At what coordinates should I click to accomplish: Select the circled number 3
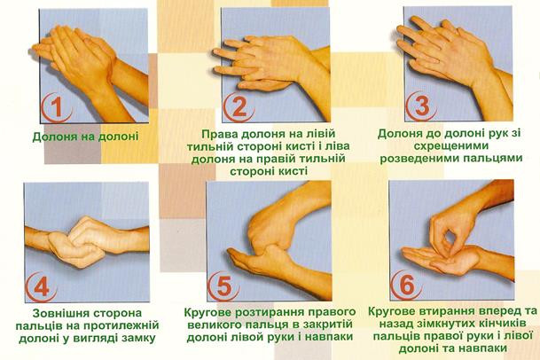421,106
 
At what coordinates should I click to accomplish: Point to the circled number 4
42,286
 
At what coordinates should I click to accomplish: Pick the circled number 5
223,286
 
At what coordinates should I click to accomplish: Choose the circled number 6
406,286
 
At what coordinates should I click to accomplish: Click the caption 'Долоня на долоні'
85,137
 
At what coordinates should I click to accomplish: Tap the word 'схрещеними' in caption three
450,146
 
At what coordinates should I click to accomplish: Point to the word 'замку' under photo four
137,339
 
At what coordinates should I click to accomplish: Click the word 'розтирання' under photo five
270,313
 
